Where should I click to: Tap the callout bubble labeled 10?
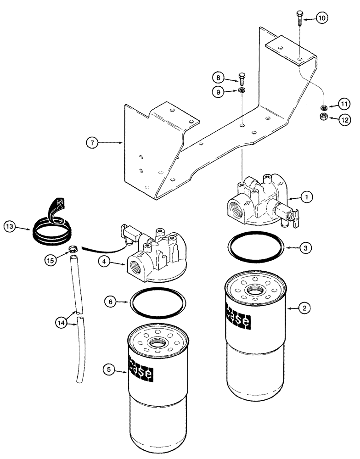[x=321, y=18]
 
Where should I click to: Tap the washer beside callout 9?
[x=242, y=90]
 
